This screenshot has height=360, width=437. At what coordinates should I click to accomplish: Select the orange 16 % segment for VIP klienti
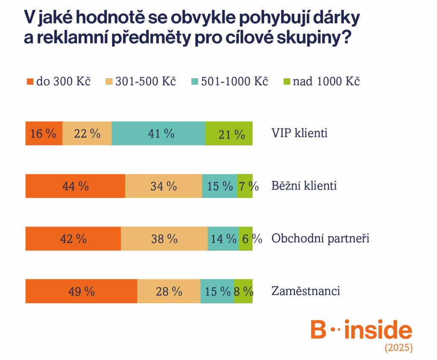[x=44, y=134]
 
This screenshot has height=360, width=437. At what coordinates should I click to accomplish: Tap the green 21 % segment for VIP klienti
[x=229, y=134]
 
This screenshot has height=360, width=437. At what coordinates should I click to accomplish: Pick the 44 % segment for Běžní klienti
[x=75, y=186]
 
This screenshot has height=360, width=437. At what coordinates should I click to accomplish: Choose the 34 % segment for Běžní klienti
[x=163, y=186]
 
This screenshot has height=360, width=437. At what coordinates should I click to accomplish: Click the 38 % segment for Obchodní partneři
[x=164, y=239]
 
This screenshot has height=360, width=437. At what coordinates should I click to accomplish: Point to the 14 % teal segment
[x=223, y=239]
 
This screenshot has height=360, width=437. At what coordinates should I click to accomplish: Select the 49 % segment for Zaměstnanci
[x=81, y=292]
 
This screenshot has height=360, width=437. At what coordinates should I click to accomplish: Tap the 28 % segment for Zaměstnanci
[x=169, y=292]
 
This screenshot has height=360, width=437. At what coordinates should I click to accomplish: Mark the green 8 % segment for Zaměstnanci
[x=243, y=292]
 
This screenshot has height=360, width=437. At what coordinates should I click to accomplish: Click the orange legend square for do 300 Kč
[x=30, y=82]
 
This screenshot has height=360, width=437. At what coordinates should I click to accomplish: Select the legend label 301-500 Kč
[x=146, y=82]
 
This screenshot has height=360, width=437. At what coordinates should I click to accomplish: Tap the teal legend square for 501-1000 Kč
[x=195, y=82]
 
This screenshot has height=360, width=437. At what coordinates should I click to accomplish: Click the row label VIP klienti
[x=300, y=133]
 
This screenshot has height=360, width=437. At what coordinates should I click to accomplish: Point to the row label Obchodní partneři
[x=320, y=238]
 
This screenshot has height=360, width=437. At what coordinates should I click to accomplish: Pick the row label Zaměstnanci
[x=306, y=291]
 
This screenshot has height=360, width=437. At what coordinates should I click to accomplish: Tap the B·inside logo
[x=361, y=330]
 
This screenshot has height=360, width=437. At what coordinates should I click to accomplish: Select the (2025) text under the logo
[x=399, y=348]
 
